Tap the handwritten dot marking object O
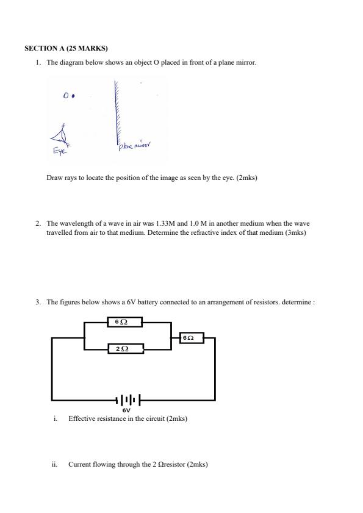(x=73, y=96)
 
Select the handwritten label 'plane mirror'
(x=134, y=145)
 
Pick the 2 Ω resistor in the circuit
(x=125, y=348)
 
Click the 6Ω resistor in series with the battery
(x=192, y=337)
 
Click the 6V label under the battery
(x=126, y=411)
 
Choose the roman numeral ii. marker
(x=55, y=464)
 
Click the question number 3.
(x=38, y=302)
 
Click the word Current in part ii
(x=78, y=464)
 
